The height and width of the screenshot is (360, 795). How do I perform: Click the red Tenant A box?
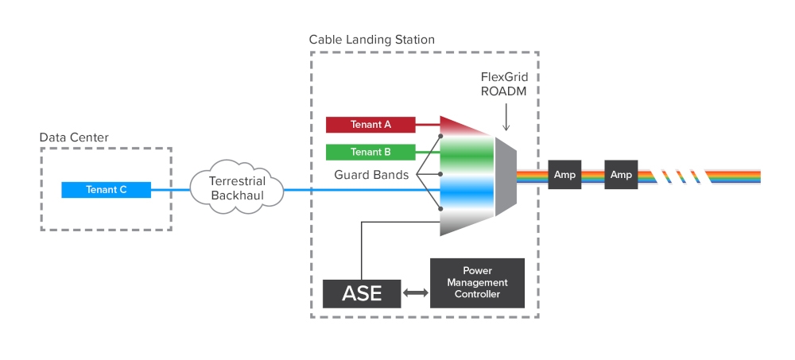(x=370, y=125)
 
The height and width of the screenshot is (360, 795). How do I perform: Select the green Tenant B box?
(x=370, y=152)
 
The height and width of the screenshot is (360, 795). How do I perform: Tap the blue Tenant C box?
(x=107, y=190)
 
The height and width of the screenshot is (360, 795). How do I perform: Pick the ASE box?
(x=362, y=293)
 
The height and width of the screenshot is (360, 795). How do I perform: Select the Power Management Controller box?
(x=477, y=283)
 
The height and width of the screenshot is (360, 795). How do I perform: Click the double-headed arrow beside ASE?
(x=416, y=293)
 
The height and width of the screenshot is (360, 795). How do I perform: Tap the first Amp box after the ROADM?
(x=564, y=175)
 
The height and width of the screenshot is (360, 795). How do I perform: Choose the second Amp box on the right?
(x=621, y=175)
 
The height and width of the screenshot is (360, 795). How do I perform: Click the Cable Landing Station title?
(x=371, y=39)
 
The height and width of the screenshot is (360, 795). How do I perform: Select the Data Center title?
(x=74, y=137)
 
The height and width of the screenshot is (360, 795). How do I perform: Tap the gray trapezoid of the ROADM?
(x=506, y=176)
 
